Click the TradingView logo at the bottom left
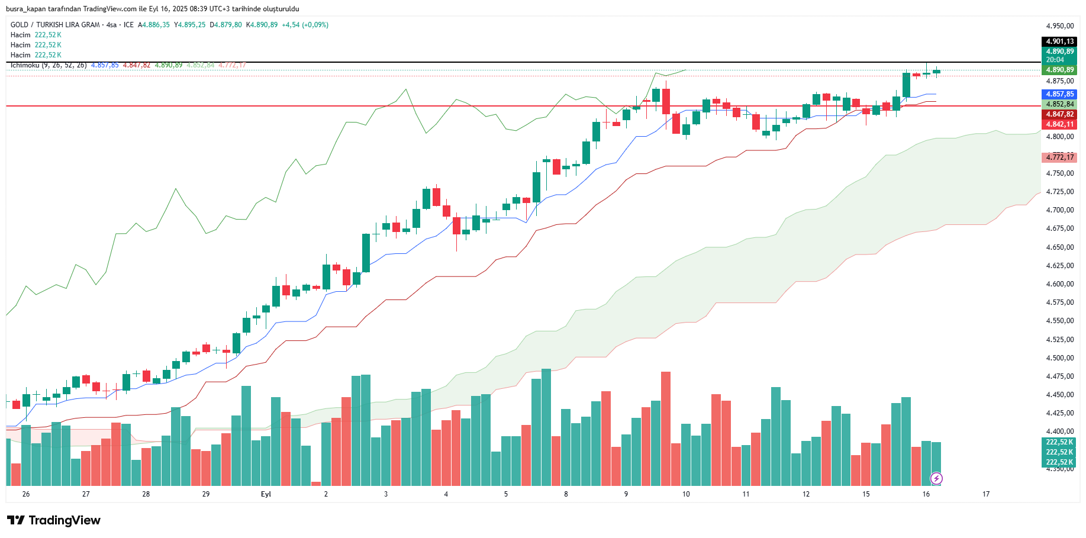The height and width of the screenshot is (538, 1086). click(x=54, y=520)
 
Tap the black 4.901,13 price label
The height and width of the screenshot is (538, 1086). click(x=1059, y=41)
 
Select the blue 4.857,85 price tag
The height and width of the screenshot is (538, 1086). click(x=1059, y=94)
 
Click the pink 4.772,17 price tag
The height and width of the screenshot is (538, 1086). click(x=1059, y=157)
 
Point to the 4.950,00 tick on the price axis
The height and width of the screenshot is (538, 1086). click(x=1059, y=26)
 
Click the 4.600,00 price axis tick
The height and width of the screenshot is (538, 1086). click(x=1059, y=284)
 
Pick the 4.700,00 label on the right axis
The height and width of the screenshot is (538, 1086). click(x=1059, y=210)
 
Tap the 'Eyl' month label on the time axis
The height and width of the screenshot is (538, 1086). click(x=266, y=494)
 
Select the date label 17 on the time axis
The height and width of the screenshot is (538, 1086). click(x=986, y=494)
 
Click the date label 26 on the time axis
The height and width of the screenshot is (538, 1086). click(x=25, y=494)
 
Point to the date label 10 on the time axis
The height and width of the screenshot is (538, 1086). click(x=686, y=494)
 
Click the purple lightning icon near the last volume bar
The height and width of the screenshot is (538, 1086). click(x=936, y=478)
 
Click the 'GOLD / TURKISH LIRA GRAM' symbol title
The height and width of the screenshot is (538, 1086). click(x=55, y=25)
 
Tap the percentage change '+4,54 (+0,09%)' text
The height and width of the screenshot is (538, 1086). click(x=305, y=25)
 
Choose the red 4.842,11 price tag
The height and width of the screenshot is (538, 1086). click(x=1059, y=124)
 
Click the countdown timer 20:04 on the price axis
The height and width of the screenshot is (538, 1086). click(x=1055, y=60)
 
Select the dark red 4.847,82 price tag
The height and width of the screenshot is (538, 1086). click(x=1059, y=114)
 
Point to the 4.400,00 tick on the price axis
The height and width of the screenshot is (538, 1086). click(x=1059, y=431)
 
